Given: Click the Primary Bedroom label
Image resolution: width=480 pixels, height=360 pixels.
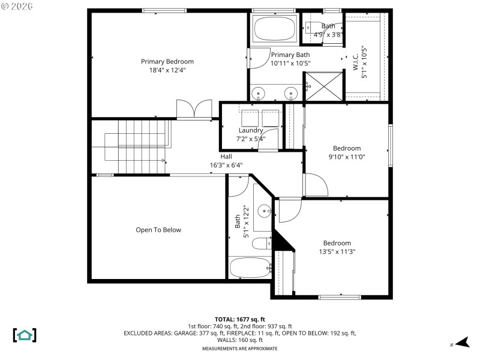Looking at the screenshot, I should (x=167, y=61).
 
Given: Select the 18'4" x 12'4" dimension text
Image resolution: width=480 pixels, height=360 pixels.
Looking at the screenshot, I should (x=167, y=70).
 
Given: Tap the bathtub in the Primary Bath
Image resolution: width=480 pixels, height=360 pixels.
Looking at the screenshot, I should (x=275, y=28).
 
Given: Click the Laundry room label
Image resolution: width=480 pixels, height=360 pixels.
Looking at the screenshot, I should (x=251, y=130).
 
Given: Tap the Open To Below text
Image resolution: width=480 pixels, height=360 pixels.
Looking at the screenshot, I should (x=158, y=230).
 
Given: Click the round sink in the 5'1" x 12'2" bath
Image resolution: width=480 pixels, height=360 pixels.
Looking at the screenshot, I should (x=264, y=211).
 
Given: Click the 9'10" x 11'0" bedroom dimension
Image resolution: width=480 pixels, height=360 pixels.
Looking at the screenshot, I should (x=347, y=157).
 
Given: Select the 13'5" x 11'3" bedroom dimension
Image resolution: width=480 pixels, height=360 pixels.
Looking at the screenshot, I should (x=337, y=252).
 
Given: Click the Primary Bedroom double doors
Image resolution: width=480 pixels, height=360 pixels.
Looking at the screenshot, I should (x=193, y=110).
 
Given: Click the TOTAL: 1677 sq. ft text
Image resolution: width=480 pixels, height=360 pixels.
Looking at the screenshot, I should (x=239, y=319).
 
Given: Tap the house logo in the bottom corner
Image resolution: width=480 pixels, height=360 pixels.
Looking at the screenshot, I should (x=25, y=335).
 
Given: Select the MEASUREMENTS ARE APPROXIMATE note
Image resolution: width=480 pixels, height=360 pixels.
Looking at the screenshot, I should (x=239, y=349).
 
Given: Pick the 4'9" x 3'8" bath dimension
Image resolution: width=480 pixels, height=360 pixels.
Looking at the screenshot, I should (x=328, y=35).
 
